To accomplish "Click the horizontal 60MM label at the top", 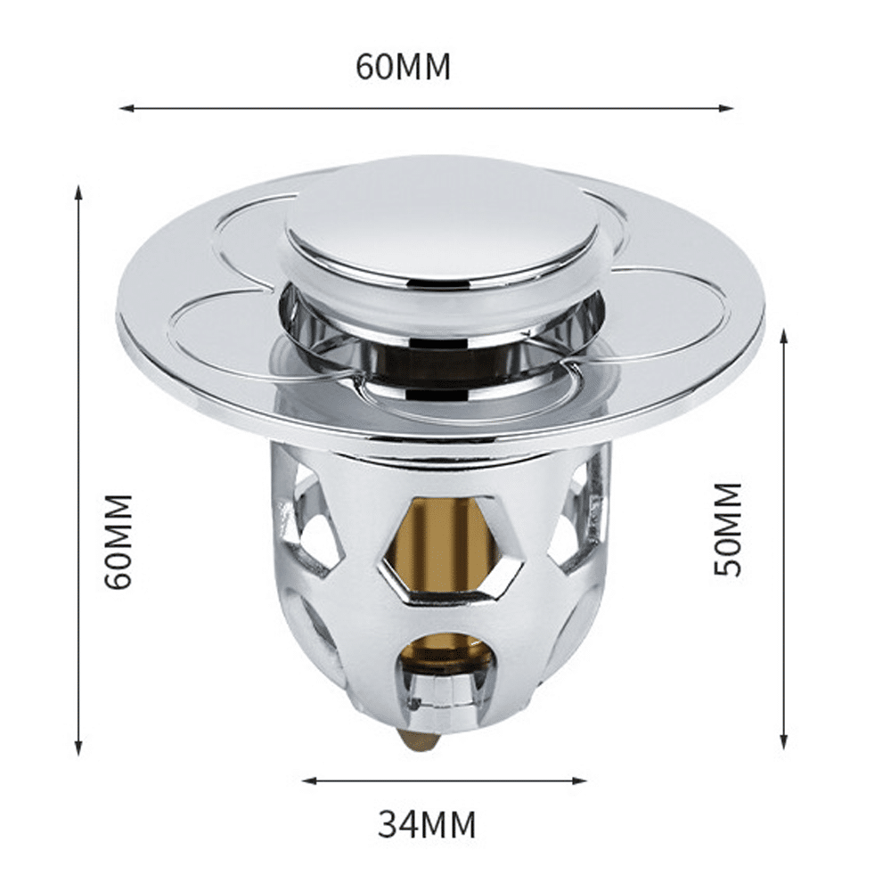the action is (x=403, y=67).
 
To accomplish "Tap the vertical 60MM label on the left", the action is (x=119, y=542).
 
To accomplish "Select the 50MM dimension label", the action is (x=728, y=529).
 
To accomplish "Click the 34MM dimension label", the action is (x=428, y=824).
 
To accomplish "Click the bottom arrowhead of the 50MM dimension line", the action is (x=784, y=740).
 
